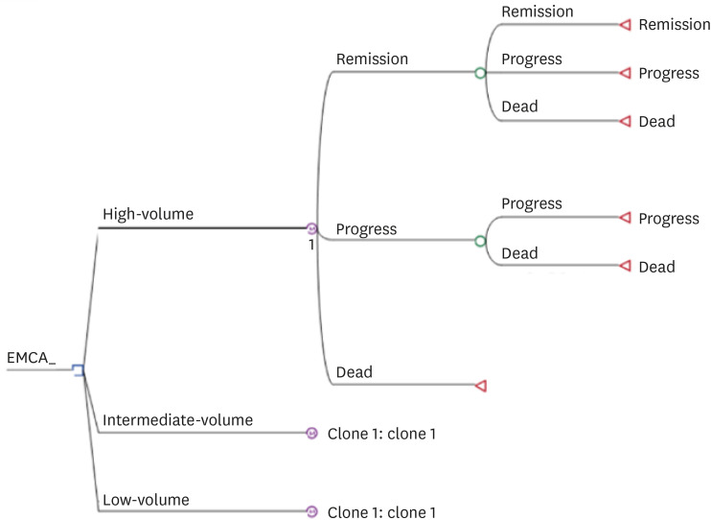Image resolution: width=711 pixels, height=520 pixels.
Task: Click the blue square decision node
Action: [x=79, y=370]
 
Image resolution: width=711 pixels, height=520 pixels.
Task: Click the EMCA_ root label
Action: [x=32, y=358]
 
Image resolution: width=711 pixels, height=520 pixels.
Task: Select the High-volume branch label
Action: [x=148, y=214]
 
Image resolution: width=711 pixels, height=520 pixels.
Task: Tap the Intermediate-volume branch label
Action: [x=178, y=420]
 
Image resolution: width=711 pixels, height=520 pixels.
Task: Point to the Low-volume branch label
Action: [x=146, y=500]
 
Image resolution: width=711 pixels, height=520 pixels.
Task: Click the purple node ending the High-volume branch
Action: [x=311, y=228]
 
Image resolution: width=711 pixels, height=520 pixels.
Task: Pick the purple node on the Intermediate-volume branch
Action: [x=311, y=434]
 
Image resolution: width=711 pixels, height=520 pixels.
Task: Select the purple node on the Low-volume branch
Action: [x=311, y=511]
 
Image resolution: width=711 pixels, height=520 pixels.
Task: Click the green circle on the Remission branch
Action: [x=481, y=73]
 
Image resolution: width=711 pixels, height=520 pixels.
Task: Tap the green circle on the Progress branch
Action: [x=481, y=241]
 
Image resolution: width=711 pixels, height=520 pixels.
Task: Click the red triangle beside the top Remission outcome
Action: [x=626, y=25]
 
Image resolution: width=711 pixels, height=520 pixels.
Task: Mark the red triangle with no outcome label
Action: [x=481, y=386]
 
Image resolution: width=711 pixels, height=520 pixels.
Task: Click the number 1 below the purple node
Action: [x=311, y=245]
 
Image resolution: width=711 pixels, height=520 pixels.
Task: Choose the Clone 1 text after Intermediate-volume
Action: [x=381, y=434]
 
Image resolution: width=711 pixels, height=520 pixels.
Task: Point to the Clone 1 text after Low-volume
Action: [x=381, y=512]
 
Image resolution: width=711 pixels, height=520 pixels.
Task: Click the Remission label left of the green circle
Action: [x=373, y=59]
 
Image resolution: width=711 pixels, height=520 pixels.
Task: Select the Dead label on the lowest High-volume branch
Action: [x=355, y=372]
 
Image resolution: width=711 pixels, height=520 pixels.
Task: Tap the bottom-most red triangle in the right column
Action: [x=626, y=266]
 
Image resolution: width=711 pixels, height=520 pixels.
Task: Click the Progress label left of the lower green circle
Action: [x=366, y=229]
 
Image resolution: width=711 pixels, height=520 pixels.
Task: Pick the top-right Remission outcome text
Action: [x=675, y=25]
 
